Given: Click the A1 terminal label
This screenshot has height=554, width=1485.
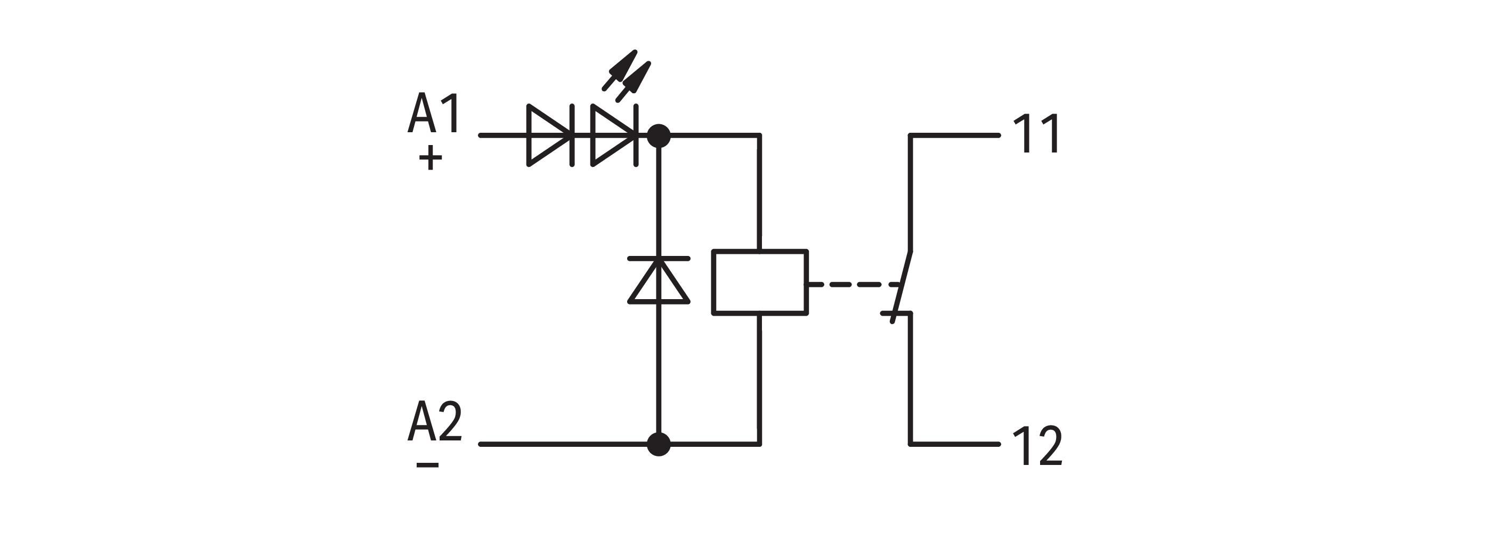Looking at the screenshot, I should click(434, 113).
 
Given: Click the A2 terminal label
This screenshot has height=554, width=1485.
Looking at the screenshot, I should click(435, 422).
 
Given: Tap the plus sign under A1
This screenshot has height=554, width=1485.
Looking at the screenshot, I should click(430, 157).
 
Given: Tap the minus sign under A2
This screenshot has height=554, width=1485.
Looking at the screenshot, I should click(427, 464).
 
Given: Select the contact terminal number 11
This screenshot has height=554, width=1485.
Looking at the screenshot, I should click(1036, 134).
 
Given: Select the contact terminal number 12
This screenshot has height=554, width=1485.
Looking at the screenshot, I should click(1037, 446).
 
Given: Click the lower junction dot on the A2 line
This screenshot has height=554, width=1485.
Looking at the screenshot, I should click(659, 444).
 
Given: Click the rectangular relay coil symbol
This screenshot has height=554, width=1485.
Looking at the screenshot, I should click(760, 282).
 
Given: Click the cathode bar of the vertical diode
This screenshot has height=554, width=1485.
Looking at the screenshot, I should click(659, 258).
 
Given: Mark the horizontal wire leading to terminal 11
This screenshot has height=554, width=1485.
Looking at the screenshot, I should click(955, 135).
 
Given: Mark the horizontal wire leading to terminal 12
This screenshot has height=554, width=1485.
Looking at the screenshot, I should click(955, 444).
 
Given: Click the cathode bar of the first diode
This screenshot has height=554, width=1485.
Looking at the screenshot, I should click(572, 135).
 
